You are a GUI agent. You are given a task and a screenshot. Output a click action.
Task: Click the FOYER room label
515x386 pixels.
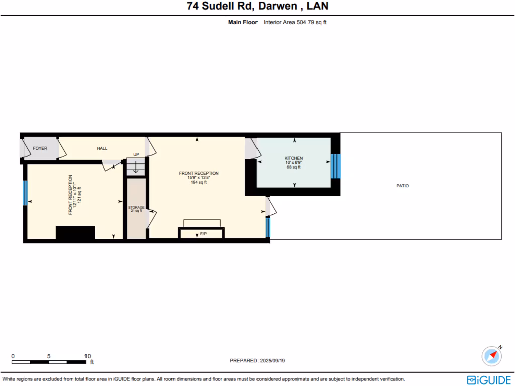40,148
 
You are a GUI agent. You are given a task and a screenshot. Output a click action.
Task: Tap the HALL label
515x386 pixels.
102,148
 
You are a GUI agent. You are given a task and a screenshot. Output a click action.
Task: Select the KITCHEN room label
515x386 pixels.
294,158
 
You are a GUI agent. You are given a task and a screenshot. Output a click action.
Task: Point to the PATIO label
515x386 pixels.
403,186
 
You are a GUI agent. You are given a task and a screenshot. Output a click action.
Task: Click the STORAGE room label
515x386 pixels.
136,207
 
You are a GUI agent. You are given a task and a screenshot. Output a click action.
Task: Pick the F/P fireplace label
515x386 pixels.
203,234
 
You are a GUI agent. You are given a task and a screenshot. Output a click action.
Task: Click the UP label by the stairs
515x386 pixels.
136,155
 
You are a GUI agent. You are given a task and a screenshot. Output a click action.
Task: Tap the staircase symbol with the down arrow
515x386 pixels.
135,167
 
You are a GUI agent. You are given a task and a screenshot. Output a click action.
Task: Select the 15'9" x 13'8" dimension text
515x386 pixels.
199,178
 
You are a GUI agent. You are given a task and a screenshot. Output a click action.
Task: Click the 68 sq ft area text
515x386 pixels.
294,167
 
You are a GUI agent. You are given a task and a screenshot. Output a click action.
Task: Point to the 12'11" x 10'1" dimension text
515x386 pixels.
74,195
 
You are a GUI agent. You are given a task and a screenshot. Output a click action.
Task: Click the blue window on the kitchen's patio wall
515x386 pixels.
333,166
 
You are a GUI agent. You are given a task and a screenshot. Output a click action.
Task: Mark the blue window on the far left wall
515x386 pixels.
25,193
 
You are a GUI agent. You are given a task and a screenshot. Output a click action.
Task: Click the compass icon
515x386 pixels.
491,356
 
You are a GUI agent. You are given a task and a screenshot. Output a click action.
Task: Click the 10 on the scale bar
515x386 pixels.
87,356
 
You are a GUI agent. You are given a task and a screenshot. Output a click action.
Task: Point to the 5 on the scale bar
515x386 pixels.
49,356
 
